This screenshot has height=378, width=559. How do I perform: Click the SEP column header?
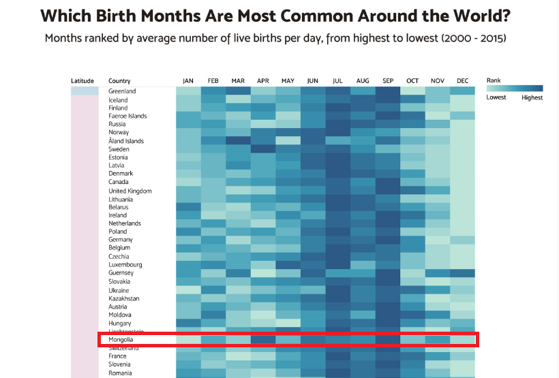(x=388, y=81)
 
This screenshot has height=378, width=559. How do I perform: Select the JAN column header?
(x=188, y=81)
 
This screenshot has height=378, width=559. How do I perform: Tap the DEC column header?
(x=463, y=81)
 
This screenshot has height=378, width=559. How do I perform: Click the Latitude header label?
(x=82, y=81)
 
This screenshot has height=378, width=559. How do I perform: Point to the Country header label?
(x=119, y=81)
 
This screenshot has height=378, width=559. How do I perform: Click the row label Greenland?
(x=122, y=91)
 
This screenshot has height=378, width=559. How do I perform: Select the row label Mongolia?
(x=121, y=339)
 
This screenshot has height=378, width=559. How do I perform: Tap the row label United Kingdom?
(x=130, y=191)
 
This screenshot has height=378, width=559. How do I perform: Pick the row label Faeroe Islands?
(x=127, y=116)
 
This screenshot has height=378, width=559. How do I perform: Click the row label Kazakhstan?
(x=124, y=298)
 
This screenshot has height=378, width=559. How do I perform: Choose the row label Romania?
(x=121, y=373)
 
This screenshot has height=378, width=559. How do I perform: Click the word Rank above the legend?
(x=494, y=80)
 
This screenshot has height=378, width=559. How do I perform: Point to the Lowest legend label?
(x=496, y=97)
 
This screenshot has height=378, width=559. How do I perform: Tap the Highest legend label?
(x=532, y=97)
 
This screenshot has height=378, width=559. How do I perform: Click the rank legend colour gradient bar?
(x=515, y=89)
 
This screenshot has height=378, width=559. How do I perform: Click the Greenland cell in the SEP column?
(x=388, y=91)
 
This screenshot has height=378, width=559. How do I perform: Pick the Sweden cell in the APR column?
(x=263, y=149)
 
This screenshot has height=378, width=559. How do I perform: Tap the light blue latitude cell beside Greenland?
(x=82, y=91)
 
